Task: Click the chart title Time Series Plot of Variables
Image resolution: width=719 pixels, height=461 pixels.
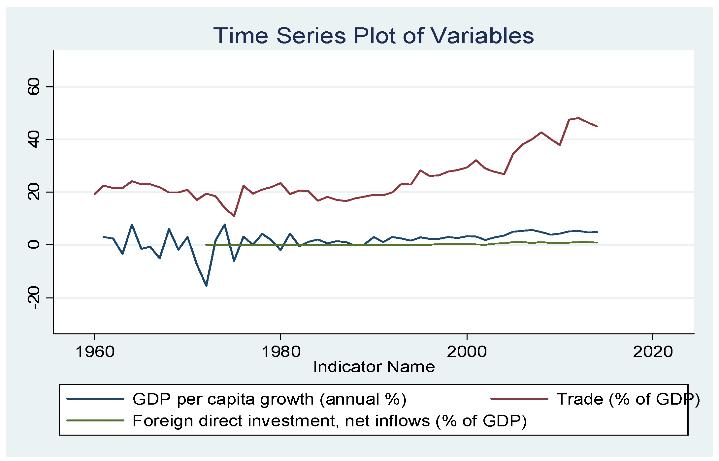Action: (x=373, y=36)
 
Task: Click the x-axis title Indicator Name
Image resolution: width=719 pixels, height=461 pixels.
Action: (x=374, y=367)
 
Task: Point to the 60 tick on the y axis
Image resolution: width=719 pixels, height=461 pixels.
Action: (x=34, y=87)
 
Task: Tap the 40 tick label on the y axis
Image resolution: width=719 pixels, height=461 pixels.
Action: (x=34, y=139)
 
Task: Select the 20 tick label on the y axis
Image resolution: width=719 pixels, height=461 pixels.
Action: (x=34, y=192)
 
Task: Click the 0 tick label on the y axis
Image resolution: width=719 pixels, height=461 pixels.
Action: (x=34, y=245)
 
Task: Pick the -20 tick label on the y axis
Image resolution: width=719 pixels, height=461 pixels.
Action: (x=34, y=297)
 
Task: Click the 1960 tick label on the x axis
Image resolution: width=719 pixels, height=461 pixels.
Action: (x=95, y=352)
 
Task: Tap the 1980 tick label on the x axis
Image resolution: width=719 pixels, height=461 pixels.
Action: (x=281, y=352)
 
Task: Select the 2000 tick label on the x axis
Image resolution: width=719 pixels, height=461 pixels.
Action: (x=467, y=352)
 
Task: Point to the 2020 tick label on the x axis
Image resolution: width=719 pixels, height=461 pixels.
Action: (x=653, y=352)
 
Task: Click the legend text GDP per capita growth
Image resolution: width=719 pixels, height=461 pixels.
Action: (x=269, y=399)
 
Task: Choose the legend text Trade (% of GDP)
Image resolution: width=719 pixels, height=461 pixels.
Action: (x=628, y=399)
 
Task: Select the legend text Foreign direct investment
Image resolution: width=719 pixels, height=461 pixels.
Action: (x=329, y=421)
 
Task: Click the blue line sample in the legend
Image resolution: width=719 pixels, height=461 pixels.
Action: (x=95, y=399)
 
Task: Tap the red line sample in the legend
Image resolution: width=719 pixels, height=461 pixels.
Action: (x=519, y=399)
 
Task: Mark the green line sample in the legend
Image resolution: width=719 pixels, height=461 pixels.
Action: (x=95, y=420)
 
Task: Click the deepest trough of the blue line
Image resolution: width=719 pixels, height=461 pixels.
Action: (x=206, y=286)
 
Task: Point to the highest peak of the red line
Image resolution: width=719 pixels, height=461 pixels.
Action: (x=578, y=118)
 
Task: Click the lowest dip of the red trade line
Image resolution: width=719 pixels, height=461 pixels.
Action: (x=234, y=216)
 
